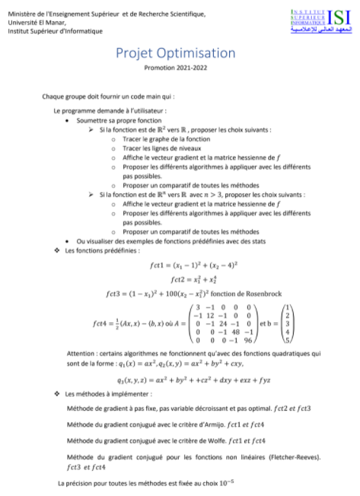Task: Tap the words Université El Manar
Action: tap(33, 23)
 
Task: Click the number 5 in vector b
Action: tap(287, 340)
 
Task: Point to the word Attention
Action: tap(83, 354)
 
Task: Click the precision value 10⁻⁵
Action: tap(226, 482)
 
